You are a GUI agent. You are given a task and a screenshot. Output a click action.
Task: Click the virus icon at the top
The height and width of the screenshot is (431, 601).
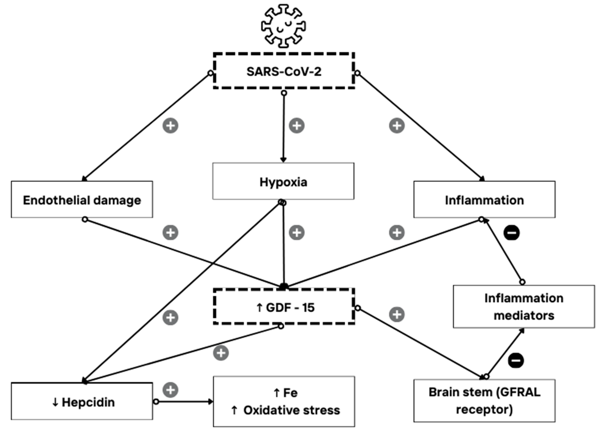click(x=283, y=26)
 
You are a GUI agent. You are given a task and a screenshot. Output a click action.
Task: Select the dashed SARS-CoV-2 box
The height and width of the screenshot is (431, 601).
click(x=284, y=71)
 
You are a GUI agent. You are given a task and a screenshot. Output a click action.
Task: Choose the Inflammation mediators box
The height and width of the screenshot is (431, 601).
click(x=524, y=307)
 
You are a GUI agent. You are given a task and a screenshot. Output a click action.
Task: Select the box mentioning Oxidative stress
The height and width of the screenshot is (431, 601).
click(x=284, y=401)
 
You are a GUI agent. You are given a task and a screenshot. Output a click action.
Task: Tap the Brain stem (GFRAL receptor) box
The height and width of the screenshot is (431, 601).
click(x=484, y=401)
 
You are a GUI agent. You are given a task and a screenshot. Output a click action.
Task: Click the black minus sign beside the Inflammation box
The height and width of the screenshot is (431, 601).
click(x=511, y=233)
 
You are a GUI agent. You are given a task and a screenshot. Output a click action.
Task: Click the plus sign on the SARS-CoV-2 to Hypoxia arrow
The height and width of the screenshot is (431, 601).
click(x=296, y=125)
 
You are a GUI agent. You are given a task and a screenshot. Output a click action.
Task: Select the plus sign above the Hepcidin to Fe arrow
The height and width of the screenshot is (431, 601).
click(x=170, y=390)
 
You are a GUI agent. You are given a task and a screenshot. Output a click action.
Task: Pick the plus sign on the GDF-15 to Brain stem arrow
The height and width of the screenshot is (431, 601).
click(x=397, y=314)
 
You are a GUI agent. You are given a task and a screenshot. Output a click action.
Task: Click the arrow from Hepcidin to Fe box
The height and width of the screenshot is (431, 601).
click(x=184, y=402)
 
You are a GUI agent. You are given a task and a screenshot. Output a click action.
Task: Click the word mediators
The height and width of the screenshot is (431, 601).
click(x=524, y=316)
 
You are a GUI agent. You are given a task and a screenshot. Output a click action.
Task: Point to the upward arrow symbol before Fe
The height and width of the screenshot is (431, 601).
click(x=276, y=393)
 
